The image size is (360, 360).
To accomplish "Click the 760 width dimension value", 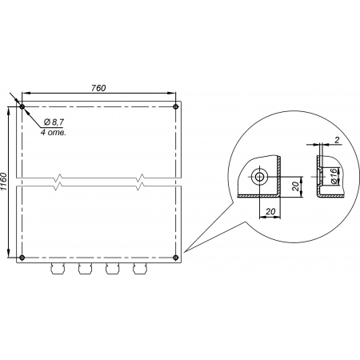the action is coord(98,88).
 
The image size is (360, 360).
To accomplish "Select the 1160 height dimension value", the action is coord(4,182).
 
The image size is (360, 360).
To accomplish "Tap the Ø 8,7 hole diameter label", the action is coord(54,122).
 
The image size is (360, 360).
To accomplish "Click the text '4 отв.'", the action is coord(53,132).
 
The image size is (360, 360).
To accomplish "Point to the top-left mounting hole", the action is coord(22,107).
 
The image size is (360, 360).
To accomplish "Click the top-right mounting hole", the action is coord(175,107).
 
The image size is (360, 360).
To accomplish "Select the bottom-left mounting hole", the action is coord(22,258).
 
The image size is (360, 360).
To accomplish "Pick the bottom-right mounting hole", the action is coord(175,258).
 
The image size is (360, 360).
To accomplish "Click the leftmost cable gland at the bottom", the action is coord(58,269).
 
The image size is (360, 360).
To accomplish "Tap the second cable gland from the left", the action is coord(85,269).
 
